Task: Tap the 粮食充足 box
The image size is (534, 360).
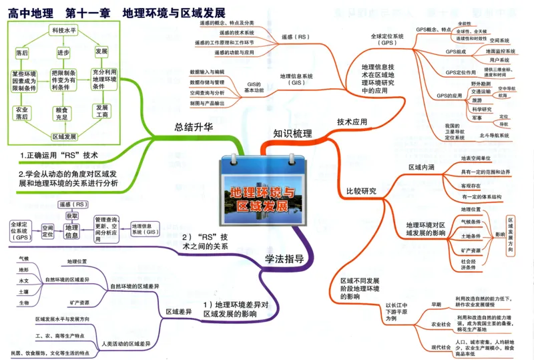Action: [63, 113]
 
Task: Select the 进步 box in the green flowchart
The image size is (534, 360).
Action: [63, 51]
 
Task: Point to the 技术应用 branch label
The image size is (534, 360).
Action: [352, 122]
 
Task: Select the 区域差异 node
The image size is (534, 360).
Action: [178, 311]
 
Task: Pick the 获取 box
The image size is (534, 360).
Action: [71, 216]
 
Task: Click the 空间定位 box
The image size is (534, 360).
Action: [47, 231]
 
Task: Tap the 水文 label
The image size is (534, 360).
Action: [24, 281]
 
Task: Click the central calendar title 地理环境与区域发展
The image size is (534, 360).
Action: [262, 198]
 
